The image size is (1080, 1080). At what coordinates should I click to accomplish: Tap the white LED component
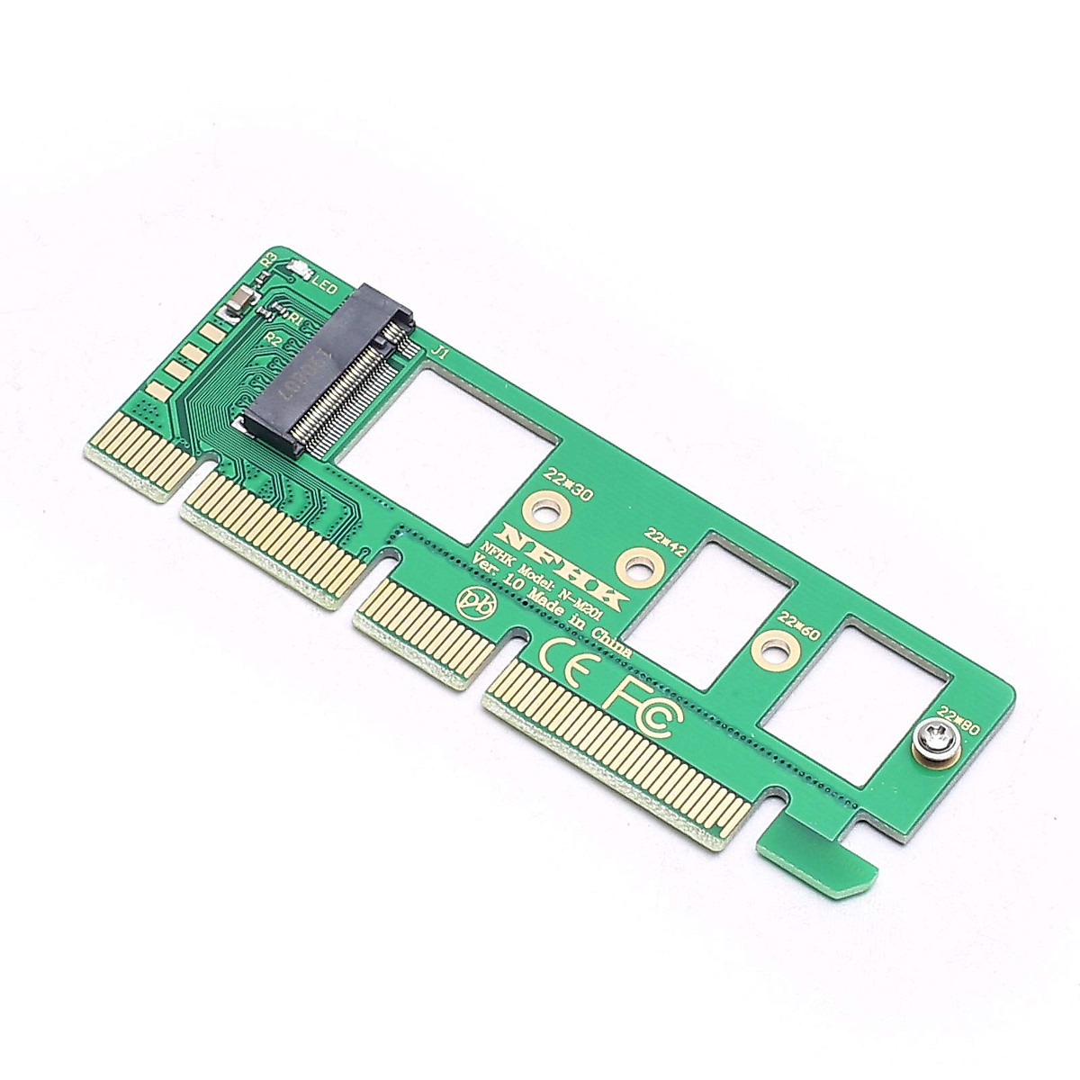coord(300,270)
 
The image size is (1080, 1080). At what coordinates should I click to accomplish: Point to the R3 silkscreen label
coord(267,260)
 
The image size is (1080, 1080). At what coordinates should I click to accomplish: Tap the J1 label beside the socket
coord(439,351)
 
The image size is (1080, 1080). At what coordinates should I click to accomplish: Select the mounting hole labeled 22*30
coord(543,511)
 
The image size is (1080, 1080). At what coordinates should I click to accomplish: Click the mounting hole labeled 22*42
coord(636,567)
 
